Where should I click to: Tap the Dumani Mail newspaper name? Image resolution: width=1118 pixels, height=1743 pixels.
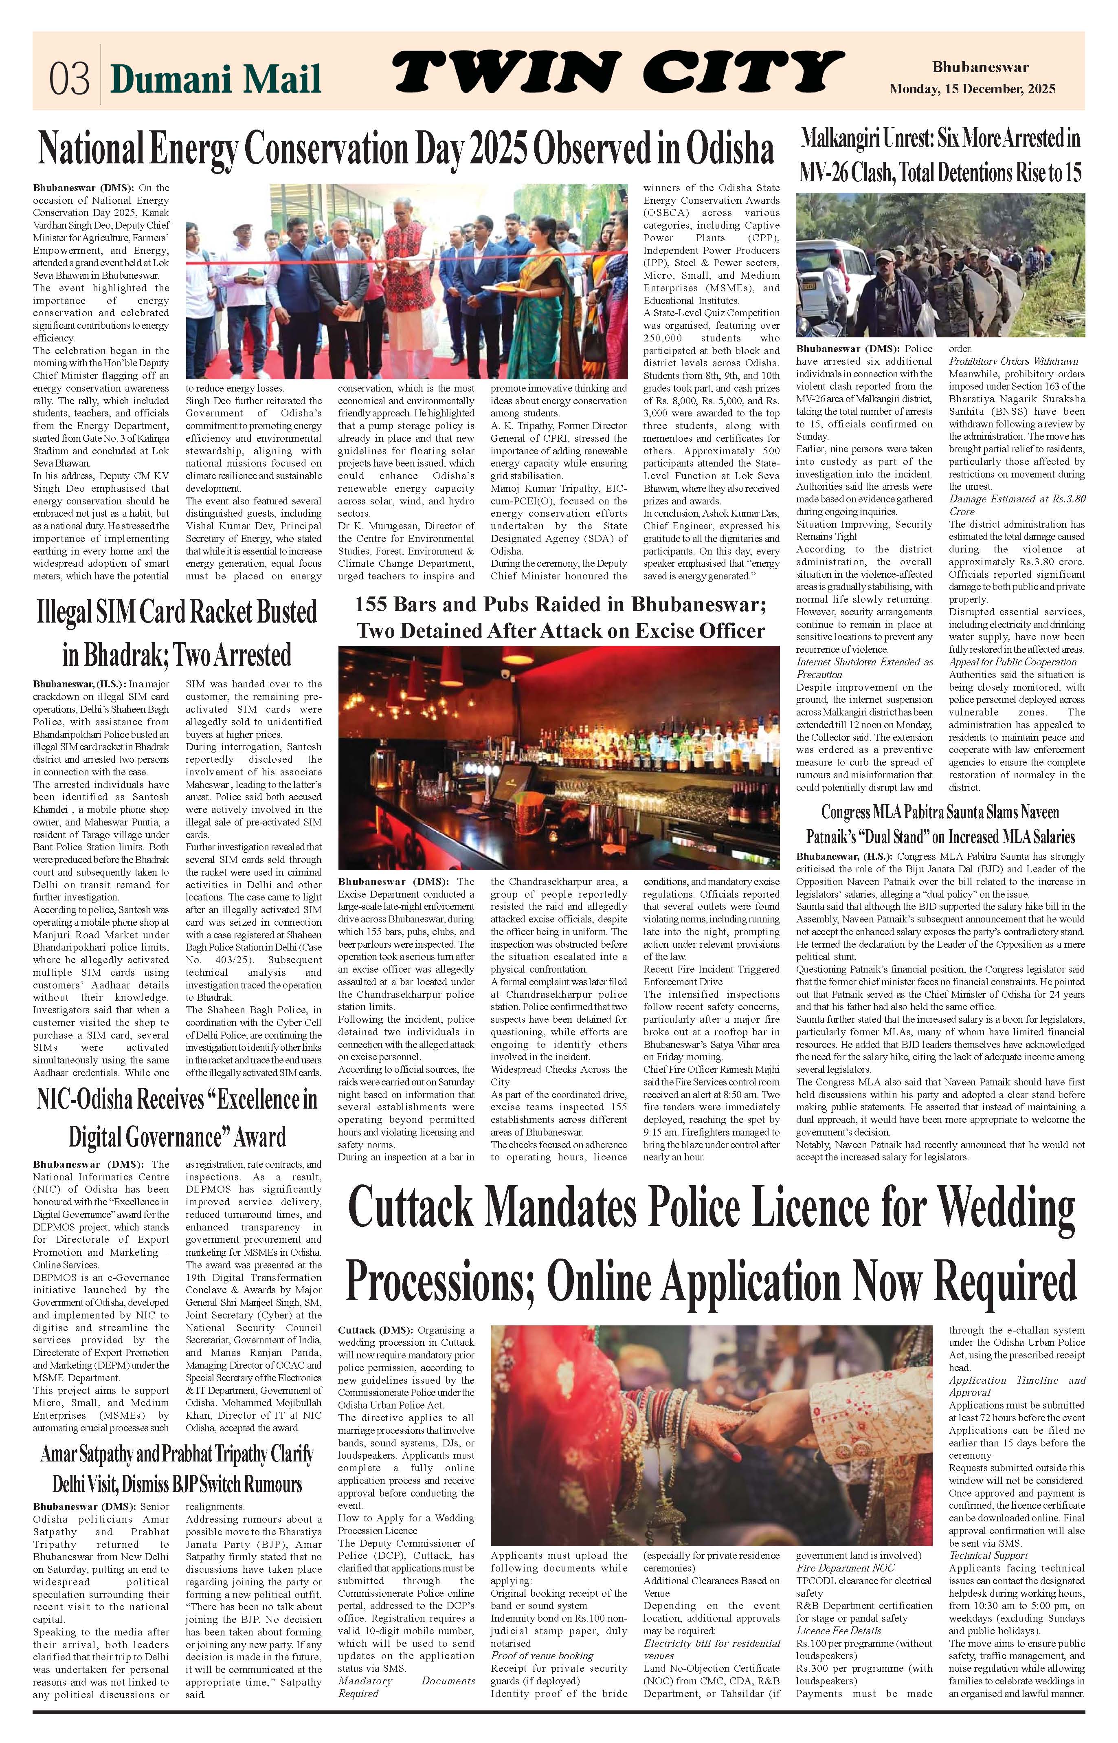(x=215, y=79)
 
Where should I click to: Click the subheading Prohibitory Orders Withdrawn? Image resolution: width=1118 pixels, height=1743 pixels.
(x=1013, y=361)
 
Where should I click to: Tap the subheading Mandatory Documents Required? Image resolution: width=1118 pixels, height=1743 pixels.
(x=406, y=1687)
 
